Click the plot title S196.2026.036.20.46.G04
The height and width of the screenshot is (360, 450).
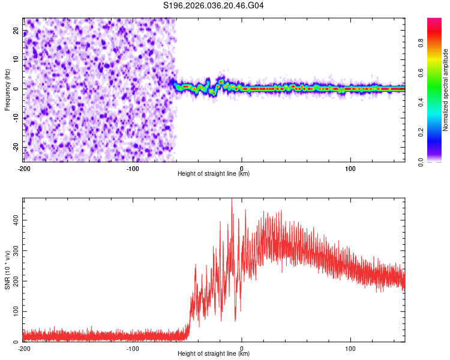coord(214,5)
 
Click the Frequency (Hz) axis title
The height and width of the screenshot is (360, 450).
coord(8,89)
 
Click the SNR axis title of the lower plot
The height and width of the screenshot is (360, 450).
coord(8,269)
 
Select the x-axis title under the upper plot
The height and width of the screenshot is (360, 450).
coord(214,174)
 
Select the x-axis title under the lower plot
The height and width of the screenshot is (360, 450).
coord(214,354)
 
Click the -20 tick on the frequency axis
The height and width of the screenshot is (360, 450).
coord(16,147)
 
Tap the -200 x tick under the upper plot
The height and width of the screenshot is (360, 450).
coord(23,168)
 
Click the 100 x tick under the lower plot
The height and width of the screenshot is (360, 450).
coord(350,348)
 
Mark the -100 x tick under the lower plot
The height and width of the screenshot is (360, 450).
coord(133,348)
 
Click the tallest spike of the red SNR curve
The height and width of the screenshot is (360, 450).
coord(232,200)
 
